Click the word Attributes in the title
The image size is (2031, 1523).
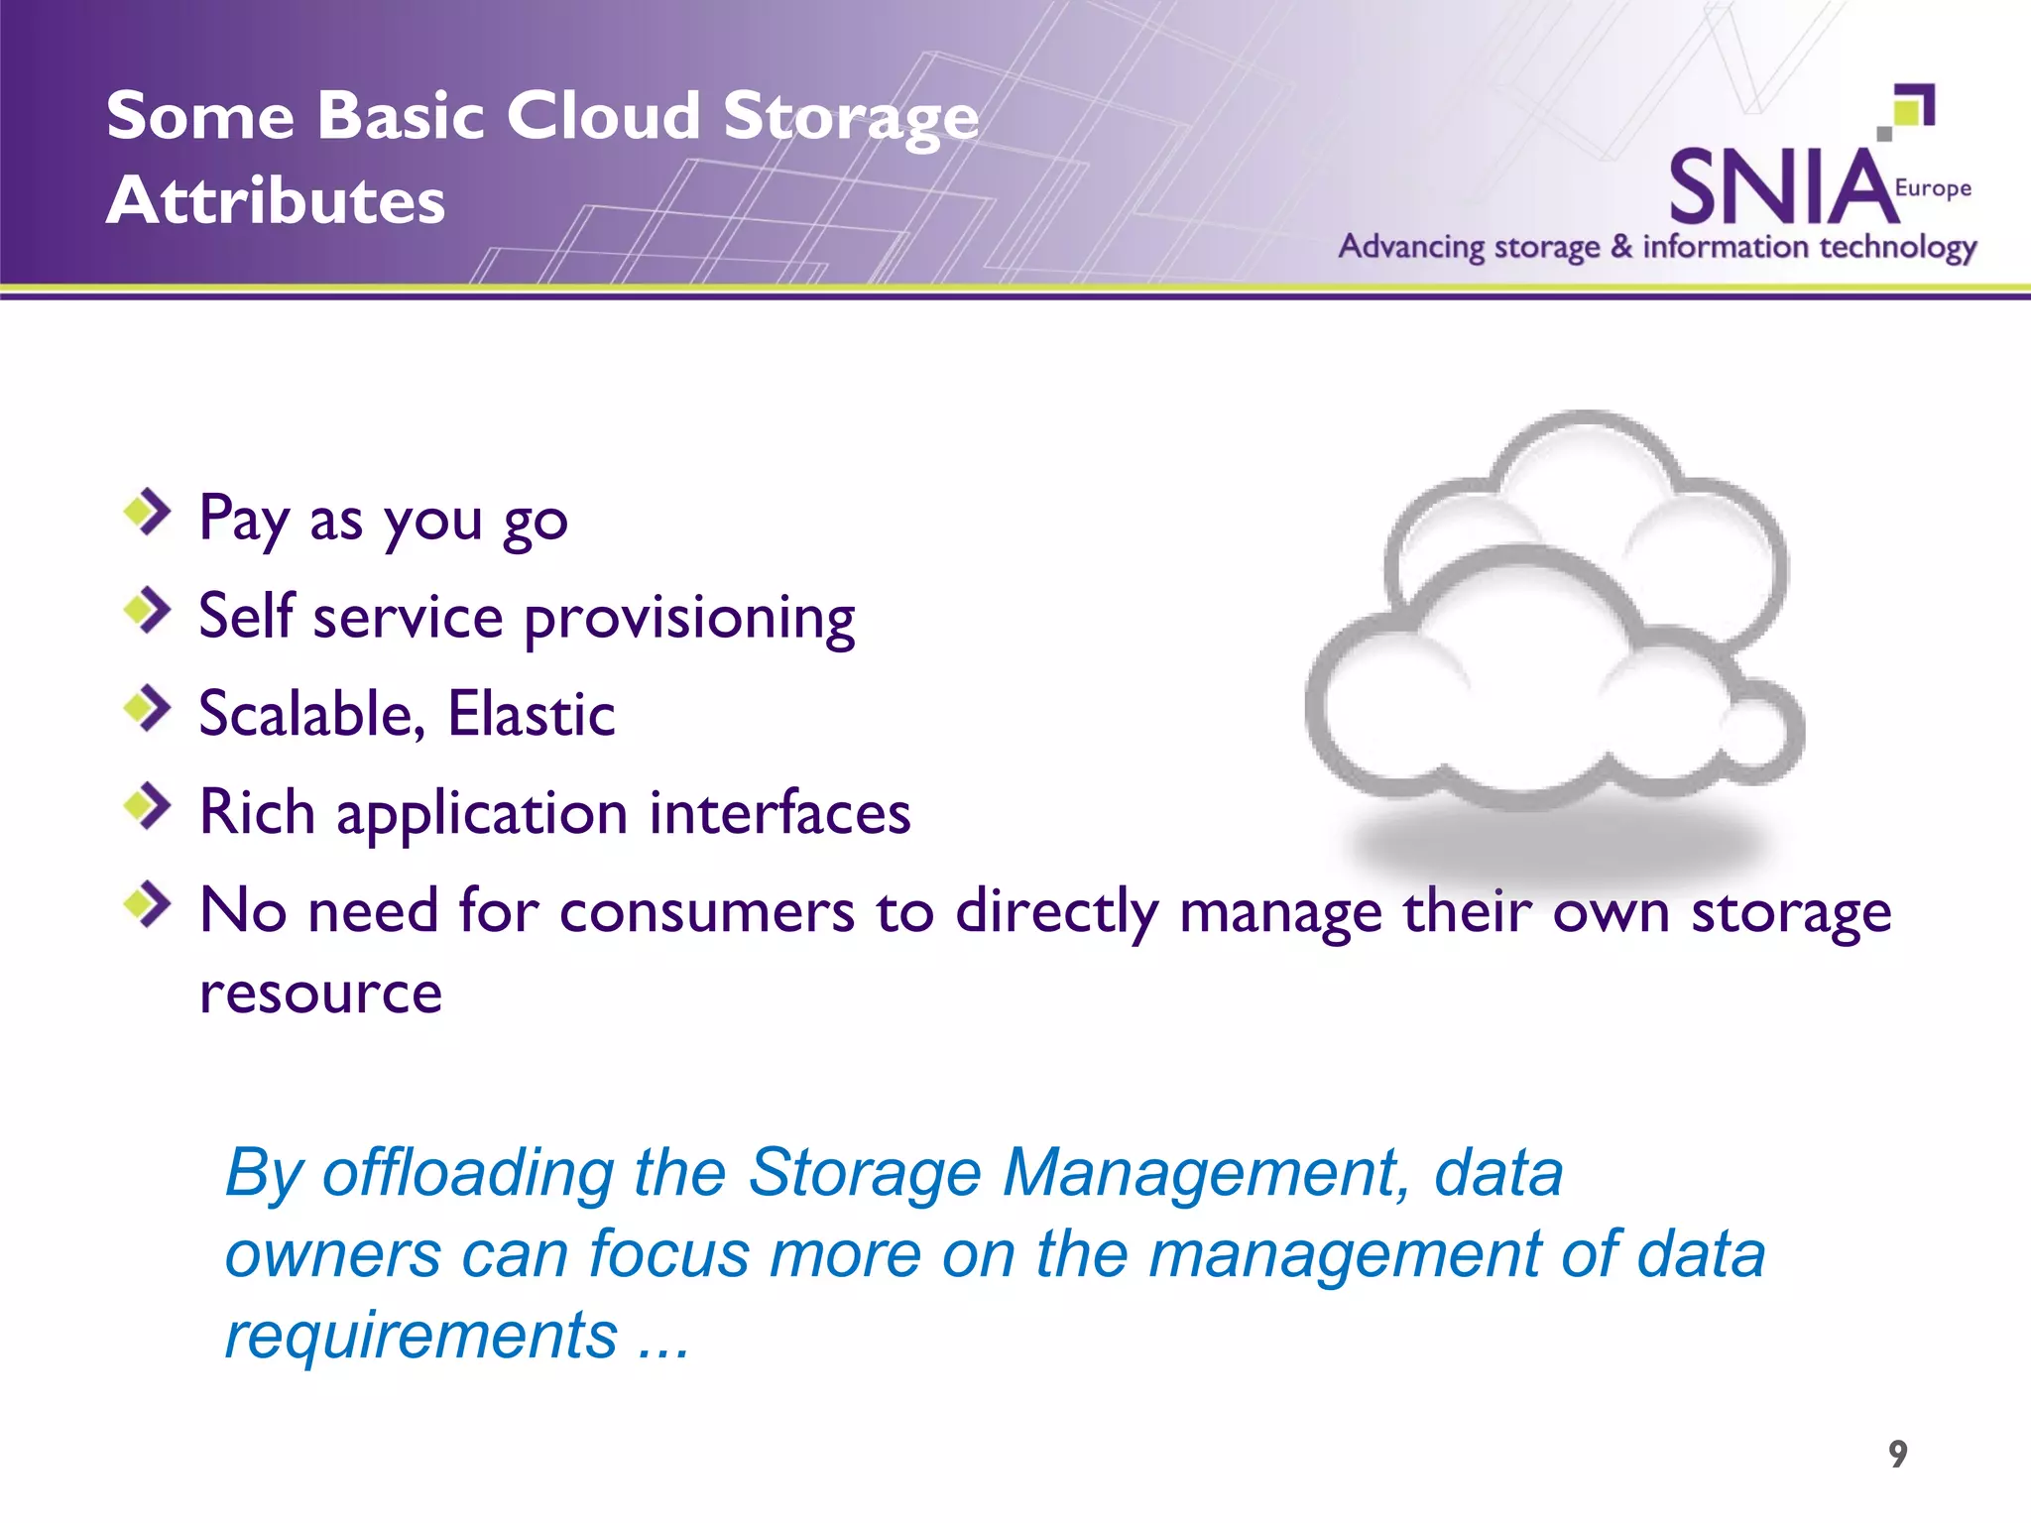(x=276, y=201)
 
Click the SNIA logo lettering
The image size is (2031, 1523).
(x=1781, y=187)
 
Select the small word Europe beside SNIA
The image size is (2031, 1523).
(x=1932, y=188)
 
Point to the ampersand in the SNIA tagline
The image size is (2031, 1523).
(x=1620, y=246)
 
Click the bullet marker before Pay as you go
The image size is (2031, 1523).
(x=148, y=512)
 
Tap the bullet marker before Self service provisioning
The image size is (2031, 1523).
(x=148, y=610)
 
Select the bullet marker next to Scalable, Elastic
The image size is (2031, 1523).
(x=148, y=707)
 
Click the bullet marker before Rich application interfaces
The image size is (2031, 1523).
(x=148, y=806)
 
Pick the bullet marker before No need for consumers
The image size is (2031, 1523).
(x=148, y=903)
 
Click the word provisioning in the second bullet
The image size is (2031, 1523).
(x=688, y=619)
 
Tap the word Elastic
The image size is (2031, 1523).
(x=531, y=714)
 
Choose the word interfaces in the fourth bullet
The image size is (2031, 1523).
(x=779, y=813)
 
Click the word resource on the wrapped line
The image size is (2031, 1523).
(x=320, y=994)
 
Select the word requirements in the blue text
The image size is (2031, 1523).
(x=421, y=1336)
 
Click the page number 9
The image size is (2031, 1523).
(x=1897, y=1454)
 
